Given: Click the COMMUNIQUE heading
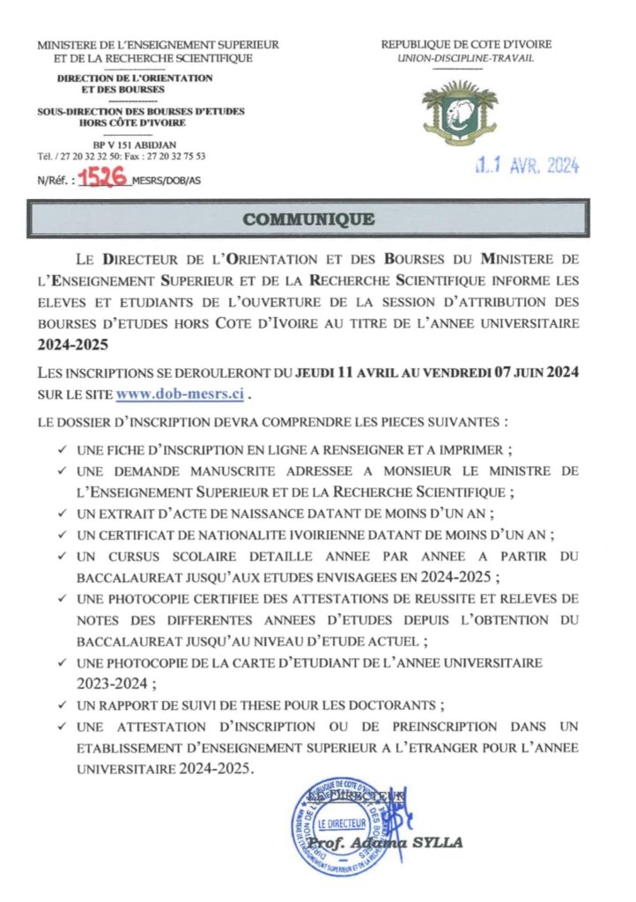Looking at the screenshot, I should (x=308, y=219).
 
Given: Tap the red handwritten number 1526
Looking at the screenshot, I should (x=102, y=176).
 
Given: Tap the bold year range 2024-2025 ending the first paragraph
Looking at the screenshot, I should (x=70, y=344).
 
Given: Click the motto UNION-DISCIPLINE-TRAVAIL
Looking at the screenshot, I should (x=458, y=58).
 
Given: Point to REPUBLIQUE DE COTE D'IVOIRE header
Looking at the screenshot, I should (x=458, y=44).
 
